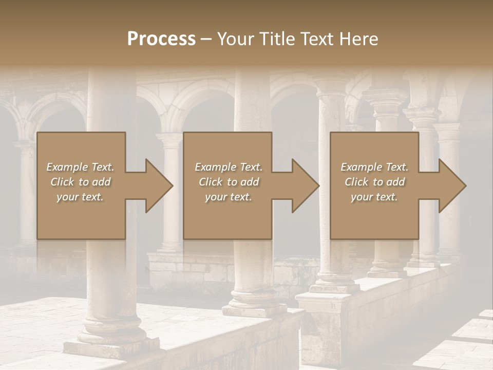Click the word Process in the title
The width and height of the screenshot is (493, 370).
coord(161,39)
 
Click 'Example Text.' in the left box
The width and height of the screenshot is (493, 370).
coord(80,167)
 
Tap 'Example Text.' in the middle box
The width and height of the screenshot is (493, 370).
coord(229,167)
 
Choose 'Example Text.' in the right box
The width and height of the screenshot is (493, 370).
coord(374,167)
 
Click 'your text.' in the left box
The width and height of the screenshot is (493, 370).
coord(80,197)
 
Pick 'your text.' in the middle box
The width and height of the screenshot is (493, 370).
coord(229,197)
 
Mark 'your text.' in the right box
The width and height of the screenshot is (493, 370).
coord(374,197)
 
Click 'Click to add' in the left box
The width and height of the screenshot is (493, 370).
coord(80,182)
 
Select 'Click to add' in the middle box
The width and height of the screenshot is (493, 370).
coord(229,182)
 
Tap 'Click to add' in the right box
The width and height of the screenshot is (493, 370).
coord(374,182)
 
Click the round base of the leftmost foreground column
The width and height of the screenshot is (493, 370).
coord(112,329)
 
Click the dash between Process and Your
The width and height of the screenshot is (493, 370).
coord(206,39)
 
